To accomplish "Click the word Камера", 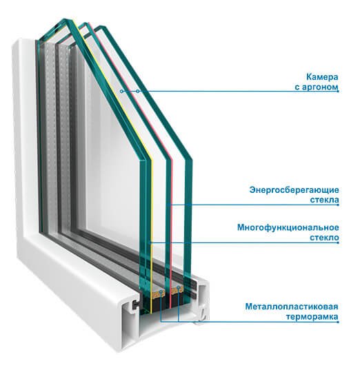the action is (x=322, y=77).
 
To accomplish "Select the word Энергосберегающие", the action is (x=294, y=190).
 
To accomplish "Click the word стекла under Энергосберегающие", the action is (x=324, y=200).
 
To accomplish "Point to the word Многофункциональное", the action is (x=288, y=227).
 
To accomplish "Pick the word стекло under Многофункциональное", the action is (x=324, y=238).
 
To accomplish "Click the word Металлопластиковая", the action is (x=292, y=307).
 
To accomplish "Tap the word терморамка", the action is (x=312, y=317).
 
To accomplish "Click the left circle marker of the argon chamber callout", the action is (x=121, y=91).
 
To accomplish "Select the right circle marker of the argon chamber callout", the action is (x=137, y=91).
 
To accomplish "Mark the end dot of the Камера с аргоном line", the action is (x=338, y=91).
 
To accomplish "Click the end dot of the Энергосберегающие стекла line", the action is (x=338, y=205).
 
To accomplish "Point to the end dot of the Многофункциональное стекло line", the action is (x=338, y=242).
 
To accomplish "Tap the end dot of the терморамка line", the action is (x=338, y=322).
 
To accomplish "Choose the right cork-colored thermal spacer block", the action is (x=177, y=290).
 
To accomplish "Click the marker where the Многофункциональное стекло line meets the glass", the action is (x=150, y=242).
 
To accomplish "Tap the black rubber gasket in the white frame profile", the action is (x=134, y=304).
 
